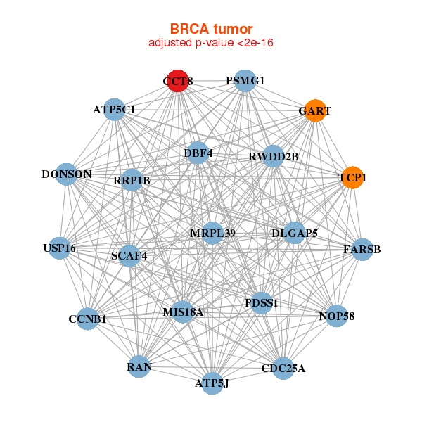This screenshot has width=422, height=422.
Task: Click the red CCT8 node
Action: pos(178,81)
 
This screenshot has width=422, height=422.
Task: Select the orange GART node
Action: pos(315,110)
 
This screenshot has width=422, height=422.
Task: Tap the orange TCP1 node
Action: pos(352,178)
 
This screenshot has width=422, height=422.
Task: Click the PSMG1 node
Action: pos(244,81)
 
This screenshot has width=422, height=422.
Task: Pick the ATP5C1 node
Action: pos(114,110)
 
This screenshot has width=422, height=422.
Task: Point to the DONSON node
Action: pos(66,174)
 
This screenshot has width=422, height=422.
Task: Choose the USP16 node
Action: pos(60,248)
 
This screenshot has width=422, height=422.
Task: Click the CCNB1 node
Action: pos(87,319)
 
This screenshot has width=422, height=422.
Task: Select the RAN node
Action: pos(139,366)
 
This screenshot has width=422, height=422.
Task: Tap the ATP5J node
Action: pos(212,383)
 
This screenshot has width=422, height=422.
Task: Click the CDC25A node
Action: pos(283,368)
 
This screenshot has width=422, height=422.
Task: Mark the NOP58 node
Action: pos(337,316)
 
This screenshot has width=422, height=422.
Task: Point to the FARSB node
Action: pos(362,249)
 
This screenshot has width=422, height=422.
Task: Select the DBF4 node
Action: pos(198,153)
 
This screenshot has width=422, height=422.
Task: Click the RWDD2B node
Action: pos(274,156)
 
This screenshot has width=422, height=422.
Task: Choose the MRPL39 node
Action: pos(213,233)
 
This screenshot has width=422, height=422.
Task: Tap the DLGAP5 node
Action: pos(295,233)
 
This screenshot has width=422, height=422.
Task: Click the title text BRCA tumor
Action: pos(211,29)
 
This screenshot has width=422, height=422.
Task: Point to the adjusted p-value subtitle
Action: pos(211,43)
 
